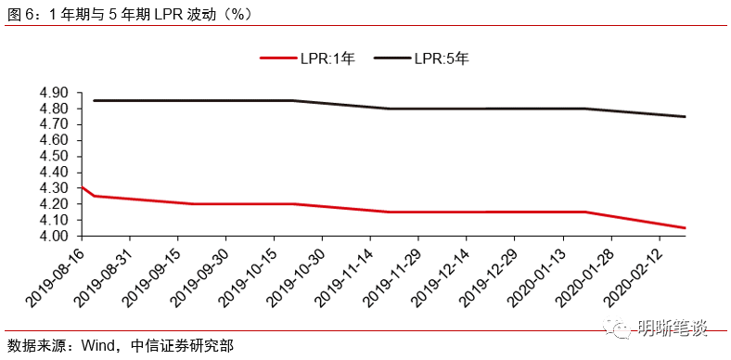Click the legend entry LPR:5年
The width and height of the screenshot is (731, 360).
[443, 58]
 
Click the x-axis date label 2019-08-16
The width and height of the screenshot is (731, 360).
[53, 275]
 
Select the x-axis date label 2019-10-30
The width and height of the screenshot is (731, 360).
[294, 275]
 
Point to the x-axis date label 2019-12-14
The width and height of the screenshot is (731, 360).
[439, 275]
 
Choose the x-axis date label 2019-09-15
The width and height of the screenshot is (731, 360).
[149, 275]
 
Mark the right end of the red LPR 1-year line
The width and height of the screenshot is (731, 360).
[685, 228]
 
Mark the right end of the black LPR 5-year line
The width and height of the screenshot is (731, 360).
[685, 117]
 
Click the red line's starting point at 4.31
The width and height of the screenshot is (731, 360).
[83, 186]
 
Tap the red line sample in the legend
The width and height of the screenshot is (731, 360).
[277, 58]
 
